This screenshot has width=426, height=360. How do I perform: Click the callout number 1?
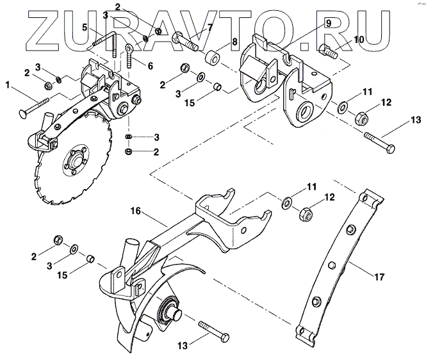coord(8,84)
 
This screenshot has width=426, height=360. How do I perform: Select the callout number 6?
coord(151,65)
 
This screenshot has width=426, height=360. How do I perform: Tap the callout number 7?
coord(209,27)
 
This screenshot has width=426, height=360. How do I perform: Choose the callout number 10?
coord(359,40)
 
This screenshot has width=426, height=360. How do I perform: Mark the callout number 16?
coord(135,210)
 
